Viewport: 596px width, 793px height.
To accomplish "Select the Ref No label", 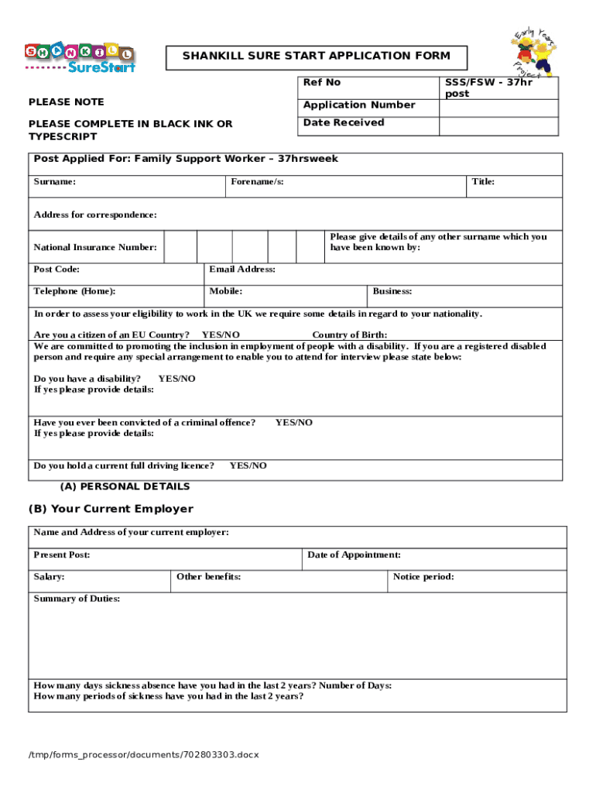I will [322, 82].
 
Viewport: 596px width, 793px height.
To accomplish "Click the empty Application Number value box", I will [498, 105].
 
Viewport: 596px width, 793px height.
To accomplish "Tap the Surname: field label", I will [55, 181].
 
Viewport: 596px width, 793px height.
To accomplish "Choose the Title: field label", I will [483, 181].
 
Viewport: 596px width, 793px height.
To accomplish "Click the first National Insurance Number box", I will [180, 247].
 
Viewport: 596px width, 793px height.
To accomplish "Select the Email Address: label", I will [242, 269].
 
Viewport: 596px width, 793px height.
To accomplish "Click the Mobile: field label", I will [226, 291].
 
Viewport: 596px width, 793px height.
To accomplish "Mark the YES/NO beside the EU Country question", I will [221, 335].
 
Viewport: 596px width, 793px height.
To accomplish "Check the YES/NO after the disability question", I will [176, 379].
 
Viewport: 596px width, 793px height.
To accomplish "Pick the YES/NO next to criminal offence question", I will [294, 422].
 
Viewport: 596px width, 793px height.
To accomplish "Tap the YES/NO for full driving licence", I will [248, 465].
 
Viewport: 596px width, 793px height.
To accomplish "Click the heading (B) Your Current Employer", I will [111, 509].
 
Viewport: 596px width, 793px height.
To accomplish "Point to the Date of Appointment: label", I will [354, 554].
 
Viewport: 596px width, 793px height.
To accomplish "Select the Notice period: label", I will [423, 576].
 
